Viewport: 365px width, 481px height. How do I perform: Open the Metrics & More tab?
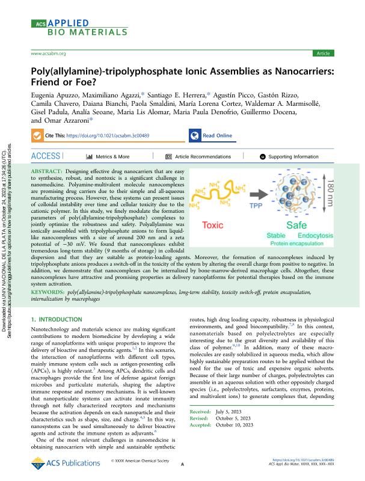[x=108, y=156]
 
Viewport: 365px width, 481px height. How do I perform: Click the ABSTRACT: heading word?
[x=47, y=172]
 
